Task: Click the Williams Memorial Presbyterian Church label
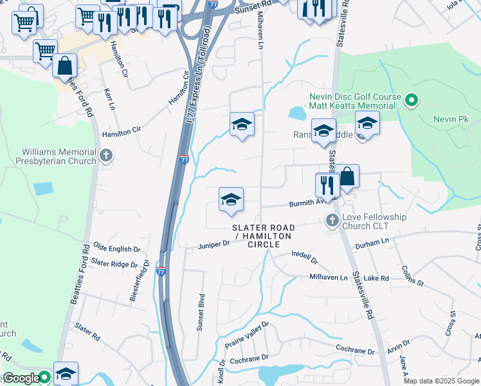[50, 156]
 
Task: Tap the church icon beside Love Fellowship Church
[332, 220]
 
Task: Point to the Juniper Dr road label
[213, 244]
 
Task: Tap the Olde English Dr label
[116, 248]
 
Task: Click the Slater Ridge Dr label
[114, 263]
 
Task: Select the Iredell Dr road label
[305, 257]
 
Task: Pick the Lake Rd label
[376, 279]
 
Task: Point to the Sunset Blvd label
[201, 313]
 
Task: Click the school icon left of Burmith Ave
[231, 199]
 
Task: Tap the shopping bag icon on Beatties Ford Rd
[65, 66]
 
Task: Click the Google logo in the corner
[21, 378]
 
